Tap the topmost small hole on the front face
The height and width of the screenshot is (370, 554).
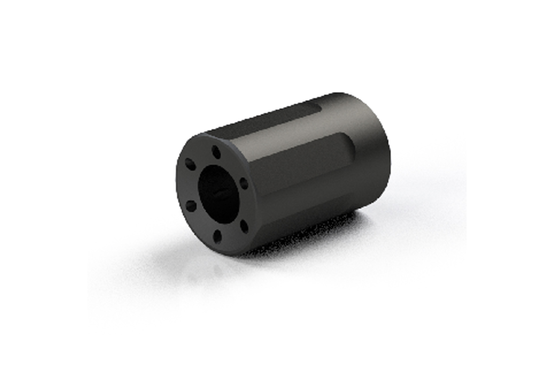coord(215,151)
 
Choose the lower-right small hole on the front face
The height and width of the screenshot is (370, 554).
coord(244,226)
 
